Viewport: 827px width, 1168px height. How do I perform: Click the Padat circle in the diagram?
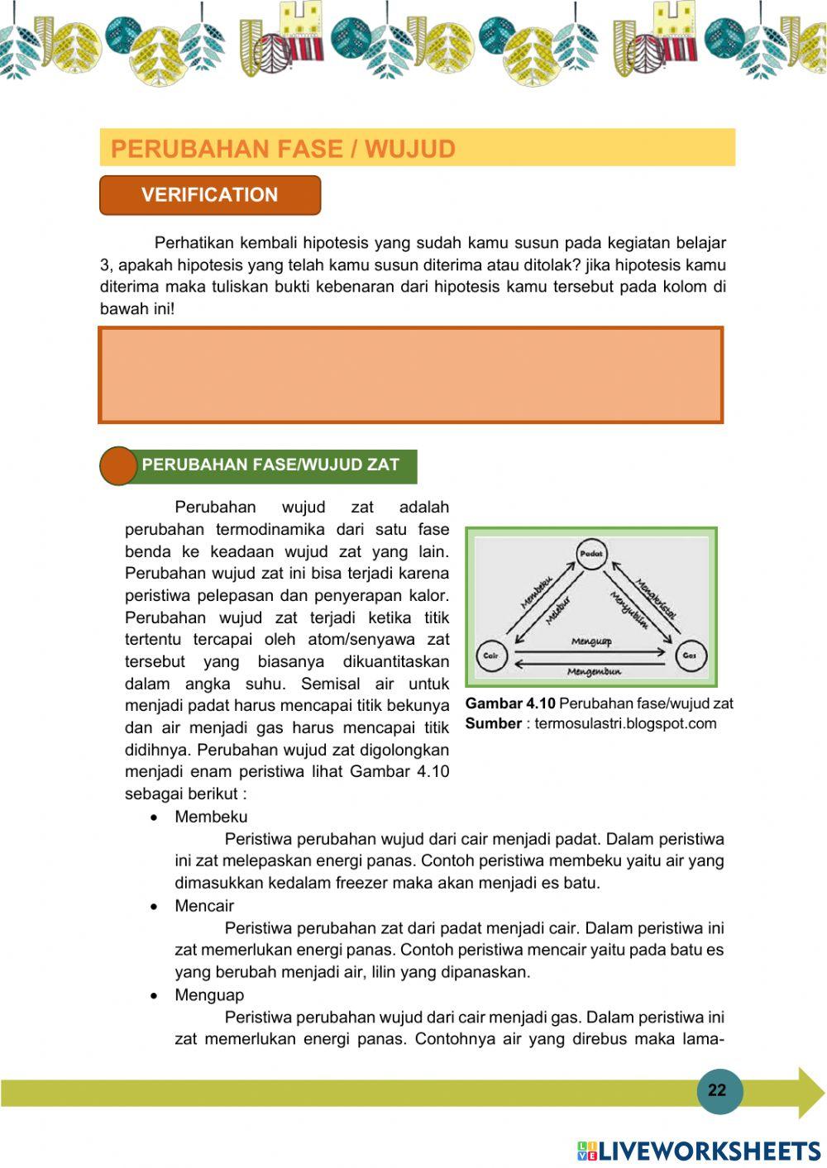click(x=591, y=554)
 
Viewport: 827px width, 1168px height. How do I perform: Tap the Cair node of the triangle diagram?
click(x=491, y=656)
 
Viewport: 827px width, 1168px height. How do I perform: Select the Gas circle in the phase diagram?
click(x=690, y=656)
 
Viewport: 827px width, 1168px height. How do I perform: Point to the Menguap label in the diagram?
click(x=591, y=641)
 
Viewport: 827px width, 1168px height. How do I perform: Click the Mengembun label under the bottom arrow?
click(x=593, y=671)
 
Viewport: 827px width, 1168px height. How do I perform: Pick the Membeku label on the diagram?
click(x=536, y=592)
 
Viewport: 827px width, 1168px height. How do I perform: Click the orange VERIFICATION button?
click(x=210, y=195)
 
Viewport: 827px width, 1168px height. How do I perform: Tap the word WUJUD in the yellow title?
click(x=410, y=149)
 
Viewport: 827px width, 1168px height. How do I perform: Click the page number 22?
click(x=717, y=1089)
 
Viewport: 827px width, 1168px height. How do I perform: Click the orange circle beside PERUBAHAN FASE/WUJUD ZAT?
click(x=118, y=465)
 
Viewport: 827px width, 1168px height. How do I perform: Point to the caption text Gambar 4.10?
click(x=510, y=703)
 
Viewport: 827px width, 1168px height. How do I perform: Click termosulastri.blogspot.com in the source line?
click(x=625, y=724)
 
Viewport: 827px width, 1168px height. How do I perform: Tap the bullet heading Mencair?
click(x=204, y=906)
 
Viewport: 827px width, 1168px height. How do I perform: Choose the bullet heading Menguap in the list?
click(x=209, y=995)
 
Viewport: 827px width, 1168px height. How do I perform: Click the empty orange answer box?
click(x=411, y=374)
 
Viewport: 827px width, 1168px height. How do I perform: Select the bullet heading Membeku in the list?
click(x=211, y=817)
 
